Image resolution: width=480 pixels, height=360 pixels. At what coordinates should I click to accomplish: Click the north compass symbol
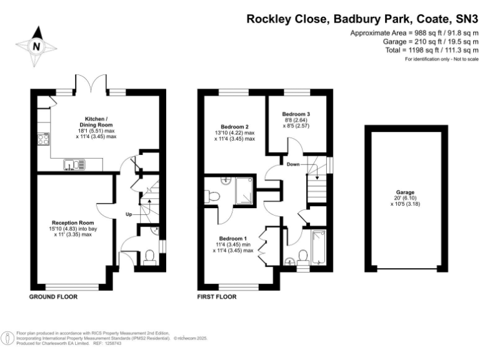click(x=36, y=45)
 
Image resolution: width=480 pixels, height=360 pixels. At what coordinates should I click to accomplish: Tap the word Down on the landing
click(x=293, y=164)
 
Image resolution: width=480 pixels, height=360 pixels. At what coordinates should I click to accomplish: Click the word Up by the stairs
click(x=129, y=214)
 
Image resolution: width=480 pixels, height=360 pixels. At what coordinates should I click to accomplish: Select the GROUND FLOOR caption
click(x=53, y=297)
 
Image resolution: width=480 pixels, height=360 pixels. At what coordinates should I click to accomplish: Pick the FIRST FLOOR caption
click(x=217, y=297)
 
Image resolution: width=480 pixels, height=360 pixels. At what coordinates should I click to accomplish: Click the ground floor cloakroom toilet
click(x=149, y=257)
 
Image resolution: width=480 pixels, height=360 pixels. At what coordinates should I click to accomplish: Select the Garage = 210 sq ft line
click(x=422, y=41)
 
